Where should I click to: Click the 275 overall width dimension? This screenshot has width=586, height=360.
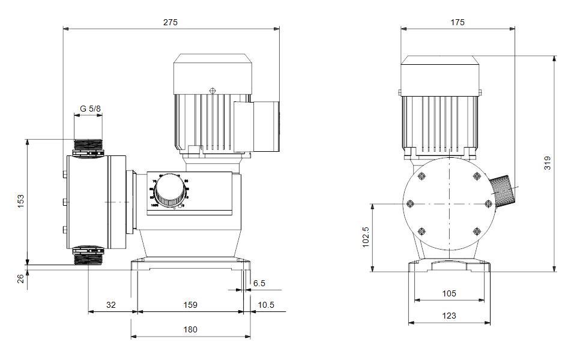171,22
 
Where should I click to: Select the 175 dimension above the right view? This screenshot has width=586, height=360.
457,22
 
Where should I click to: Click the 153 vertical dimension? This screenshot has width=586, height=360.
20,201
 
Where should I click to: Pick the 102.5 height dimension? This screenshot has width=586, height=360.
366,237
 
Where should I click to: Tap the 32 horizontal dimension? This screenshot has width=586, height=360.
111,305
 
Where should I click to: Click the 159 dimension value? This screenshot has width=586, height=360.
190,305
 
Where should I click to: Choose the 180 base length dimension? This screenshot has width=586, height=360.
190,329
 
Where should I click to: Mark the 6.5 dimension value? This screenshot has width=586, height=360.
259,283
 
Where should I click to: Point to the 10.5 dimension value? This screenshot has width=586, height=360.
265,305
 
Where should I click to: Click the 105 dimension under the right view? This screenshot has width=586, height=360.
449,293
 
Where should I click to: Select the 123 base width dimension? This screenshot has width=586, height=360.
449,316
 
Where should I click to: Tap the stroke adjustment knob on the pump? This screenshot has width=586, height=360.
169,193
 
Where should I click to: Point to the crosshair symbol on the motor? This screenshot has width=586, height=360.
212,91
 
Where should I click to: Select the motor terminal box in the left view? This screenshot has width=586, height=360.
255,126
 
